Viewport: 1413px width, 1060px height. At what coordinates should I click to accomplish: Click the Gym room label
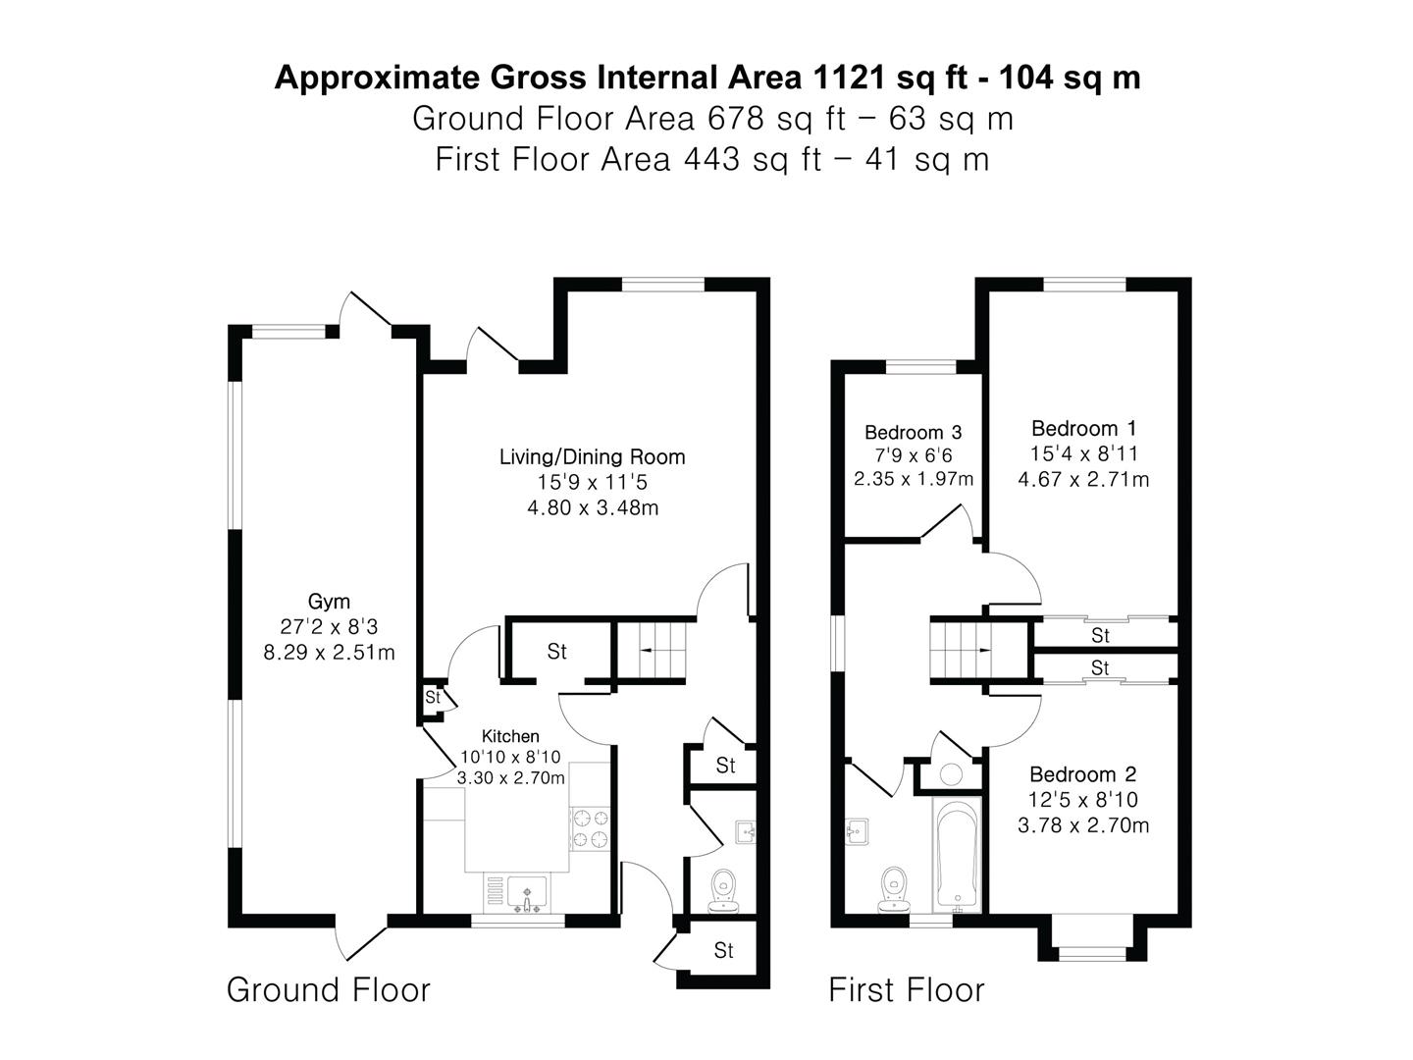click(329, 602)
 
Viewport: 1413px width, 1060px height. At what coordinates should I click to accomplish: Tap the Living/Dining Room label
click(592, 456)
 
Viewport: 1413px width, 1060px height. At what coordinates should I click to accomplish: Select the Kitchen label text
click(510, 736)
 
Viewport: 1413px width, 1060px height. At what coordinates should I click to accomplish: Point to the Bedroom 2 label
click(1082, 774)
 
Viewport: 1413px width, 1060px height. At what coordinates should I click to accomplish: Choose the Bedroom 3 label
click(913, 432)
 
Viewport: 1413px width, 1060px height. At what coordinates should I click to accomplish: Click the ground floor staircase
click(650, 650)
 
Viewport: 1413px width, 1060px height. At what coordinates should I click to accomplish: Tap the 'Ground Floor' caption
click(328, 989)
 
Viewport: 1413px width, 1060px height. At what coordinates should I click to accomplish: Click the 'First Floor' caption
click(906, 989)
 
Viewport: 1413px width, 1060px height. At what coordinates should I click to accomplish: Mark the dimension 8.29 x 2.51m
click(329, 653)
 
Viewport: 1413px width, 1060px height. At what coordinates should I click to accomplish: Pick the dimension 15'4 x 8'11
click(1083, 453)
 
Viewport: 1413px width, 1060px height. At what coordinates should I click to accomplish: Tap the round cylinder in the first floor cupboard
click(951, 773)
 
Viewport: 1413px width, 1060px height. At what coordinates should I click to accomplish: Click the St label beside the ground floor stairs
click(556, 652)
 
